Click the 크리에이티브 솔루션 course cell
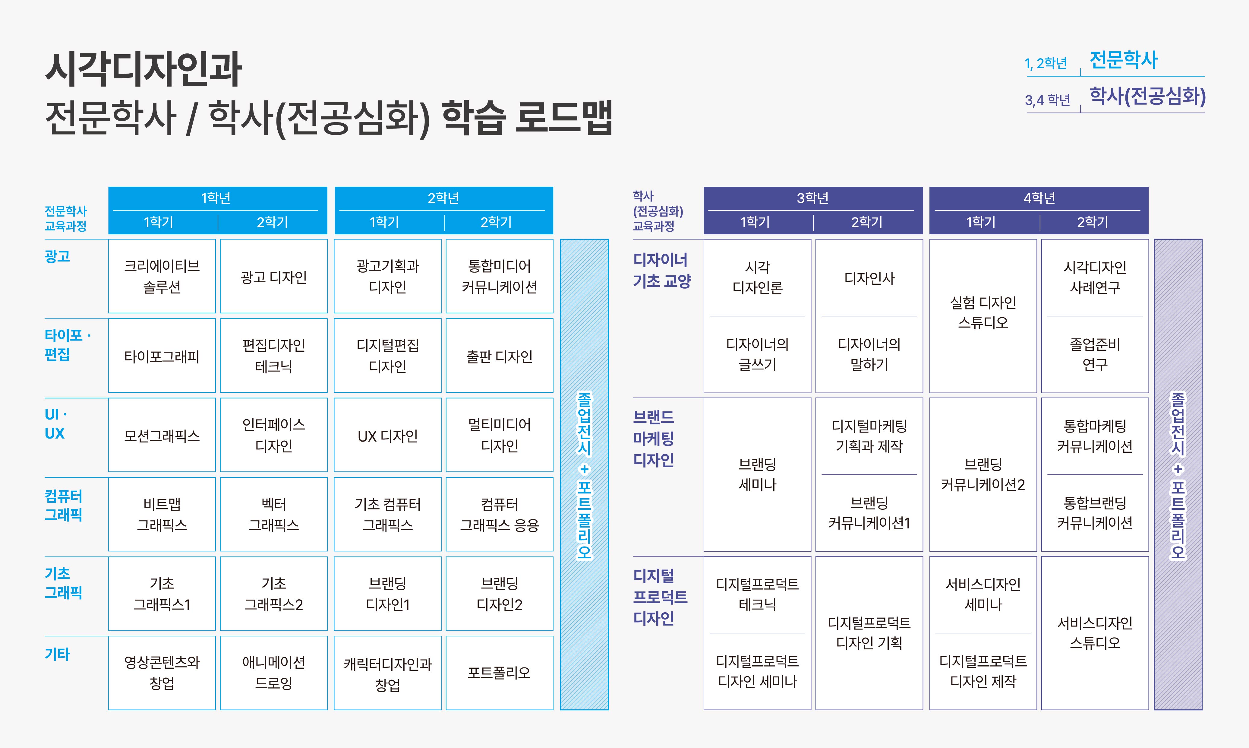coord(162,276)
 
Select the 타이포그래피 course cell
coord(162,356)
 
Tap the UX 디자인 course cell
coord(387,435)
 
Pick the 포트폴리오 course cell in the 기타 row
coord(499,673)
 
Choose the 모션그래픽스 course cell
coord(162,435)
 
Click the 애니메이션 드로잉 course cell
coord(273,673)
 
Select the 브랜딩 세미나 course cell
coord(757,474)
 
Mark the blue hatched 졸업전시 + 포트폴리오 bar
coord(585,474)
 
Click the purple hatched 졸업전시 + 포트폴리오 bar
coord(1178,474)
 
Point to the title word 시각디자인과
coord(144,69)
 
